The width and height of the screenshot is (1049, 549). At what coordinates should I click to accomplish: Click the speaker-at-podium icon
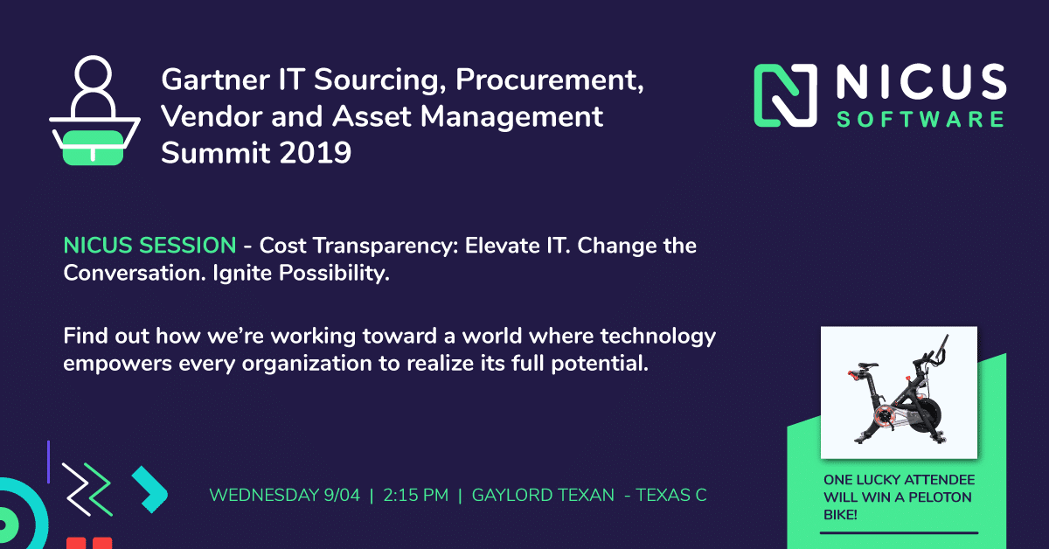pos(94,110)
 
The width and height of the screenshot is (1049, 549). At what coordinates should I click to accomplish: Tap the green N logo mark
pos(785,95)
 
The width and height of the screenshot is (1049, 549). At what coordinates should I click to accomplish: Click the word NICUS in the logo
pos(921,82)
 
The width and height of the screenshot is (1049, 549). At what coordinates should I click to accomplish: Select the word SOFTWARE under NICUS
pos(920,120)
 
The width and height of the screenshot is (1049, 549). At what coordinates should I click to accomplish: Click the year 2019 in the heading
pos(316,153)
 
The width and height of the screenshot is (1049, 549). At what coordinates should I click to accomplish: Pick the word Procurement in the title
pos(549,80)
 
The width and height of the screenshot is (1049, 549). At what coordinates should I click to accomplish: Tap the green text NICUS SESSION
pos(149,246)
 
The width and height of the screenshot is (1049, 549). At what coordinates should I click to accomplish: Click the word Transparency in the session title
pos(386,247)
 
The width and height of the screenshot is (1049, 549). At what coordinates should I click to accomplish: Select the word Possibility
pos(334,274)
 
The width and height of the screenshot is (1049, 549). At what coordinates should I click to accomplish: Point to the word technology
pos(658,337)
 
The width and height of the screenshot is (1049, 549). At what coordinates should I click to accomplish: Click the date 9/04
pos(342,495)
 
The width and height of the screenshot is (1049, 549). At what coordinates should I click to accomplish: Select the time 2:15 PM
pos(416,495)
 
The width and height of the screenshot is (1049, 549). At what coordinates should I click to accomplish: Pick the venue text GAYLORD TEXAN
pos(543,495)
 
